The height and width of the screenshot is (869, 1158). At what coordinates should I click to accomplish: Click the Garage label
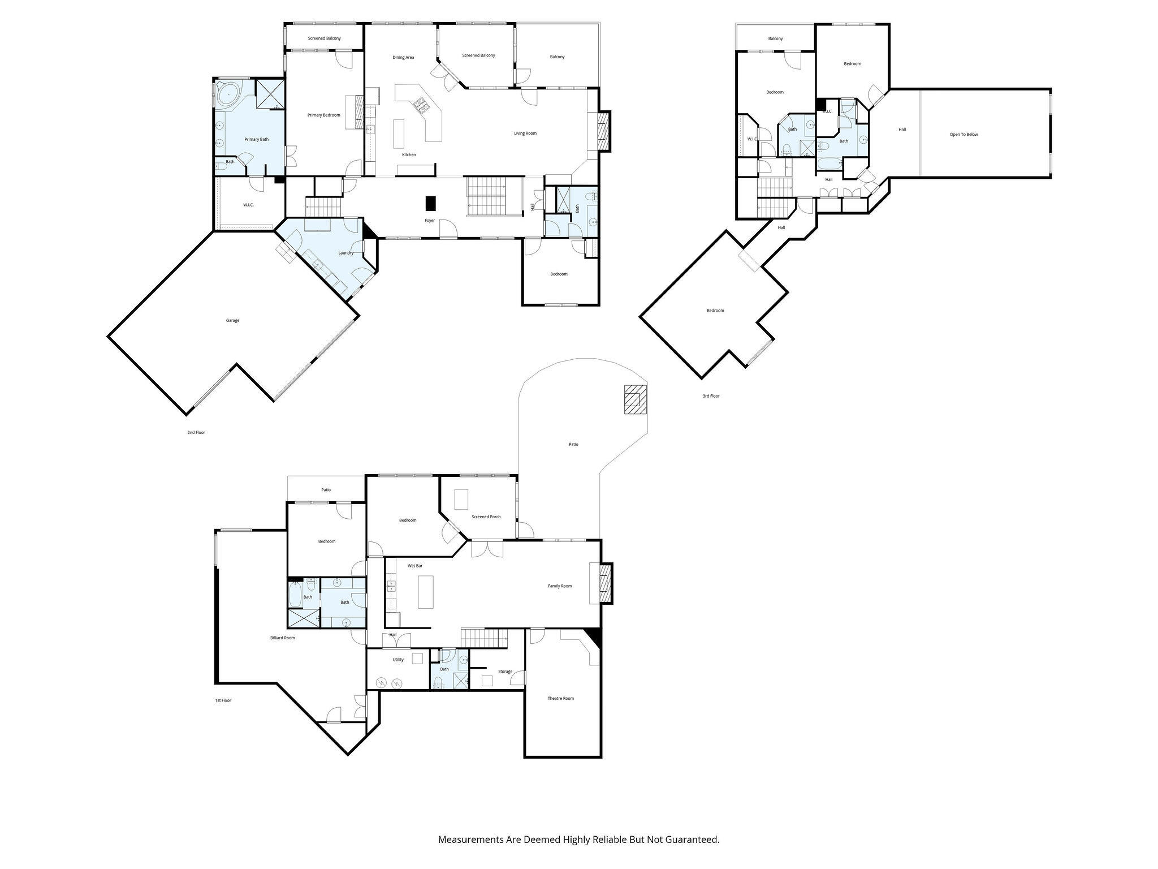point(232,320)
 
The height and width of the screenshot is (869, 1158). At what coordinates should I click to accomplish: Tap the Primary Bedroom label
point(323,115)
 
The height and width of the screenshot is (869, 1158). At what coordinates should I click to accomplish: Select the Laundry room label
point(346,253)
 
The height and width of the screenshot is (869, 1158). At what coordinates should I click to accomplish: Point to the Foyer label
point(430,220)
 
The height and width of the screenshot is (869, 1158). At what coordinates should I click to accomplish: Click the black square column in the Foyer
point(431,203)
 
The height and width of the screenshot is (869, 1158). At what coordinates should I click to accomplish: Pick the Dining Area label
point(403,57)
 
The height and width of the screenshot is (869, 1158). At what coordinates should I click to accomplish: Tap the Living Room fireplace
point(604,130)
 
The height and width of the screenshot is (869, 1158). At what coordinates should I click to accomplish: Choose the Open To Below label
point(963,134)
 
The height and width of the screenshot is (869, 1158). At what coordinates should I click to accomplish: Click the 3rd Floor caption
point(711,396)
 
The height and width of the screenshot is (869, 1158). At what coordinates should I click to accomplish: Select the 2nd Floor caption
point(196,432)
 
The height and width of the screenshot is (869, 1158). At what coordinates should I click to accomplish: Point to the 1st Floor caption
point(223,700)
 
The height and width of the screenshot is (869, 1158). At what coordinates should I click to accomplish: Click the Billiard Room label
point(282,638)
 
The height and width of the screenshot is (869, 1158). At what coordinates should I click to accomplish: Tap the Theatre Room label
point(560,698)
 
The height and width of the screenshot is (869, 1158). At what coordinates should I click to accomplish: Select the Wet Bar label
point(415,566)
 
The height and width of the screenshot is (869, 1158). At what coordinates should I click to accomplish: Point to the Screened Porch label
point(486,517)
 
